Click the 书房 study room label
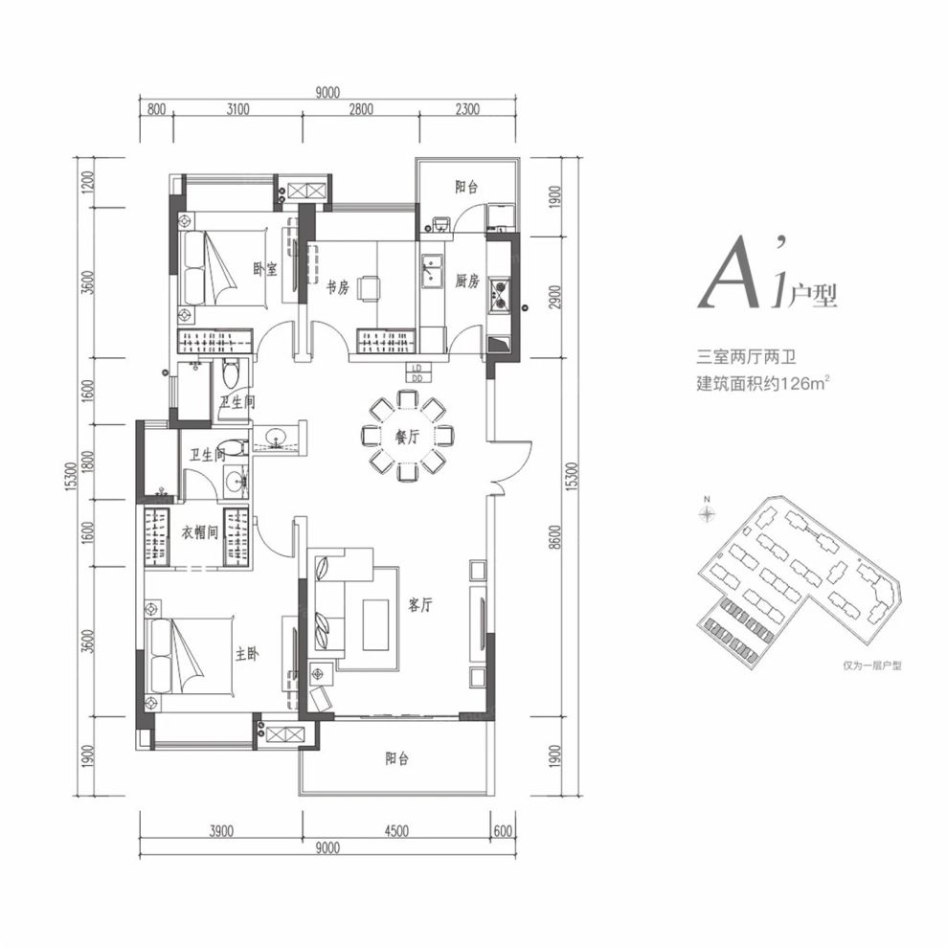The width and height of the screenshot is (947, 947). (x=338, y=287)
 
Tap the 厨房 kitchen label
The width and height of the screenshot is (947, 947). (x=467, y=281)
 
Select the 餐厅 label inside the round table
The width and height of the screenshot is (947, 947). (x=407, y=436)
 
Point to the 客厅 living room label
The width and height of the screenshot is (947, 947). (x=419, y=604)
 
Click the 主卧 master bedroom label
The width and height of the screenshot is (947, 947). (x=247, y=653)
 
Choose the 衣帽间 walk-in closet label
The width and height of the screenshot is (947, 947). (x=200, y=532)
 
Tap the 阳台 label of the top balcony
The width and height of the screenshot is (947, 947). (x=466, y=187)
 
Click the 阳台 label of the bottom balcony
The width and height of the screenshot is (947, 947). (x=396, y=758)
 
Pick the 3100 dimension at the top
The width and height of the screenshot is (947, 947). (x=238, y=109)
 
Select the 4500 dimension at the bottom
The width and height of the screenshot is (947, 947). (x=396, y=831)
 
